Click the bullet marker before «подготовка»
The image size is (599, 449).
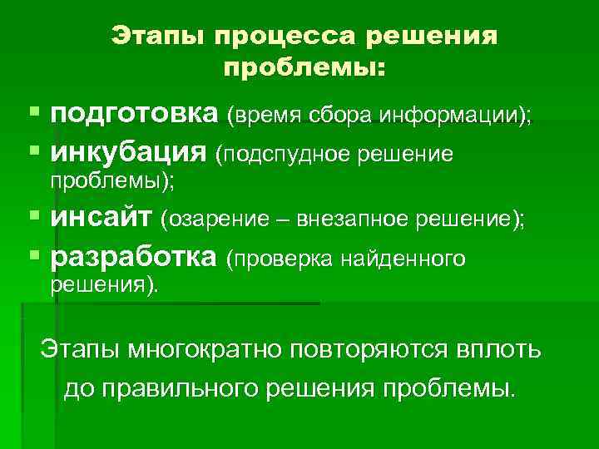[33, 113]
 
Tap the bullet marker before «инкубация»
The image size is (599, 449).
[33, 151]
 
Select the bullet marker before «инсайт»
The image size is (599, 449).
[33, 218]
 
